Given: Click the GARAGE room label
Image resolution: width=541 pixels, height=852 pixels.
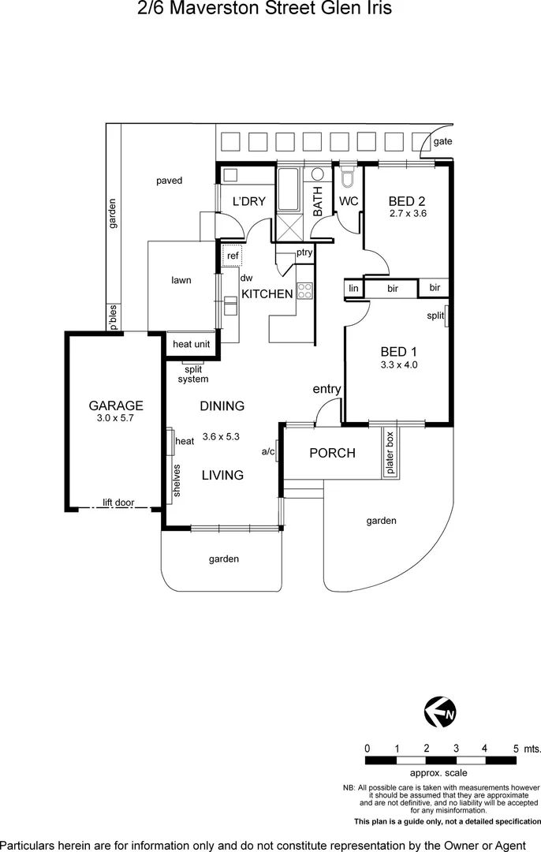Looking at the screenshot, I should point(116,405).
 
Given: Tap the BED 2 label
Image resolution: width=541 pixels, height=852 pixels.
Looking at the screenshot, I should point(407,201).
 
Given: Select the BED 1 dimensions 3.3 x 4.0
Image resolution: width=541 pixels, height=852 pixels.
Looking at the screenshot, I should point(399,364).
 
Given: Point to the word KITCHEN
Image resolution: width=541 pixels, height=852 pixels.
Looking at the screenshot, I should point(267,293).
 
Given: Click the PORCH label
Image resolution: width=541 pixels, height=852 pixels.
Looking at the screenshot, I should point(331,453).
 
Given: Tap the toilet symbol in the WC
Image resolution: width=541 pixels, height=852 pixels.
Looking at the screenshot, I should point(348,175).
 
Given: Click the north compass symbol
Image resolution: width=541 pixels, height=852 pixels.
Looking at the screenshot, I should point(439,713).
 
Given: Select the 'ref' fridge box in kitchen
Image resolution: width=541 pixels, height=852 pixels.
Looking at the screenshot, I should point(233,256).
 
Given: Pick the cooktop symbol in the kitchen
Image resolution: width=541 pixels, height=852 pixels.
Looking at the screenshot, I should point(304,290).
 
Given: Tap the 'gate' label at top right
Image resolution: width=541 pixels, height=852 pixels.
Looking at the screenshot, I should point(442,141).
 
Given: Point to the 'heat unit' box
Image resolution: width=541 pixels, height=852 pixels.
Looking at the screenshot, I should point(191,344).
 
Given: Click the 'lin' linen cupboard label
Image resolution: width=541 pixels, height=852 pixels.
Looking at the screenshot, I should point(353,289).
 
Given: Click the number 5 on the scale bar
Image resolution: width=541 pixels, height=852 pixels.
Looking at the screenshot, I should point(516,748).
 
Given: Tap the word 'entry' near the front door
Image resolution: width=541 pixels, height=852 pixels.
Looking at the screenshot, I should point(326,388).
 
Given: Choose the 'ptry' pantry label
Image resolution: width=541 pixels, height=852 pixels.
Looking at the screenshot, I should point(304,253).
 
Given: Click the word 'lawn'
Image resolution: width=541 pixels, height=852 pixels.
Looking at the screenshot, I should point(181,280).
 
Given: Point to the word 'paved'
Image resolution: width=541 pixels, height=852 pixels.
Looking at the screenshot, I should point(169,181).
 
